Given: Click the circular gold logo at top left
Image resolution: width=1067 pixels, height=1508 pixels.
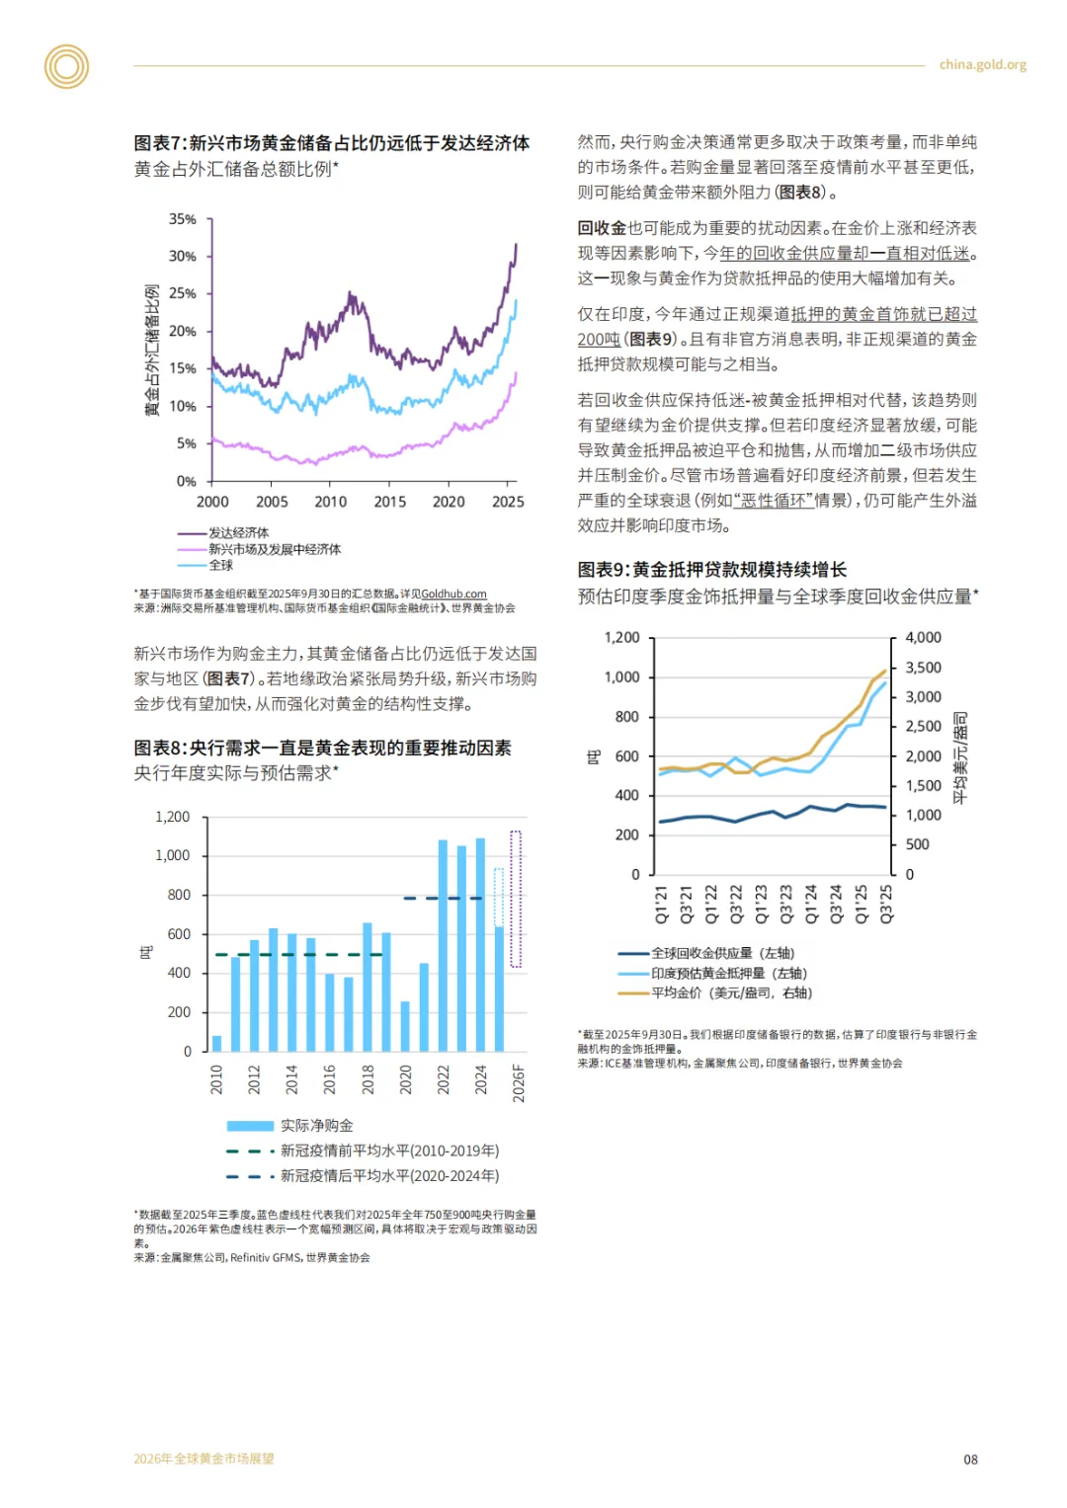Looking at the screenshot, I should pos(66,66).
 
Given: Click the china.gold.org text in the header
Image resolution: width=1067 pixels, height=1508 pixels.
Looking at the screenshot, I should pos(982,65).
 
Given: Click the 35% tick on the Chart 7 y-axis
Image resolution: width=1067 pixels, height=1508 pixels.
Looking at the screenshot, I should pos(183,219).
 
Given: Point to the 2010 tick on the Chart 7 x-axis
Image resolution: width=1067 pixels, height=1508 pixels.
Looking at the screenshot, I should pos(331,502).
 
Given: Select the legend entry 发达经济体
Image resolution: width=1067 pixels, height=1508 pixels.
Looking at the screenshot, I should pos(238,533).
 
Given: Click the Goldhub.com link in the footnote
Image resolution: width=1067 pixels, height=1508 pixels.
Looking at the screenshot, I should pos(453,595).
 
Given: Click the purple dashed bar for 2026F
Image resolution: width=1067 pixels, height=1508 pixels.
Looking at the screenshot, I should pos(515,899).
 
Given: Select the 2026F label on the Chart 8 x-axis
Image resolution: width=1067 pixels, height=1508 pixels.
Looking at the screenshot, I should pos(519,1082).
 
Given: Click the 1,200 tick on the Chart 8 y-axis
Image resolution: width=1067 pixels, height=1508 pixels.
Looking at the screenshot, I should pos(173,818).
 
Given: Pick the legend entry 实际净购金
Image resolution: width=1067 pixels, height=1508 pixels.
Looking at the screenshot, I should pos(316,1126).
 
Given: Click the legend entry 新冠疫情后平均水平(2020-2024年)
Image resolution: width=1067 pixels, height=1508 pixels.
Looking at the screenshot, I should pos(389,1176).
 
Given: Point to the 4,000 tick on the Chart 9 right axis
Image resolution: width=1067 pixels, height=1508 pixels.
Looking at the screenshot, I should pos(923,638).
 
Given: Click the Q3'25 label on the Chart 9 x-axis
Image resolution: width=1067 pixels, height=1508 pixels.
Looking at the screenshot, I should pos(886,904).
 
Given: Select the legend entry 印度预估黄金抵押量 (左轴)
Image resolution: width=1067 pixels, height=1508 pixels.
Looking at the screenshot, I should pos(728,974).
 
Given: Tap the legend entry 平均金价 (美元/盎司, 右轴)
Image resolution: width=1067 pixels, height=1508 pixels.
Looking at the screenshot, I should pos(731,993).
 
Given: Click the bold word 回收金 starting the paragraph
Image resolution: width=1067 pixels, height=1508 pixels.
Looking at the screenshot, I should pos(602,228).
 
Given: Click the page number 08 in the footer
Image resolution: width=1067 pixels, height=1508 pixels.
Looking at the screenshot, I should pos(970,1460).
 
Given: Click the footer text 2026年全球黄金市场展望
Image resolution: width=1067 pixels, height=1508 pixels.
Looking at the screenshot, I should pos(205,1459).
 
